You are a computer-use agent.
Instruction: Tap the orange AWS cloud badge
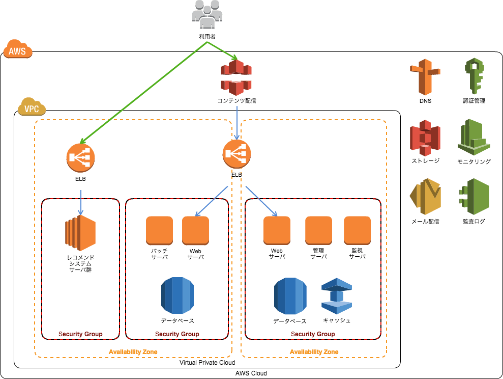click(18, 50)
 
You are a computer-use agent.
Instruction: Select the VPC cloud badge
click(32, 107)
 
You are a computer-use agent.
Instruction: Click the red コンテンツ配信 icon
click(236, 77)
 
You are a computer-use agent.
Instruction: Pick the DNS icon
click(425, 76)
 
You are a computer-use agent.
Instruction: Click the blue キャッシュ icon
click(336, 296)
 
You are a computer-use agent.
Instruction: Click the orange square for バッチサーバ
click(159, 230)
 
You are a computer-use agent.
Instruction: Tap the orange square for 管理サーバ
click(318, 230)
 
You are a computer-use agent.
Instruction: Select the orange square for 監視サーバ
click(357, 230)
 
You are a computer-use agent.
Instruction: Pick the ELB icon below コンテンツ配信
click(236, 153)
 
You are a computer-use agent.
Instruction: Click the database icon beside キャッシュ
click(290, 296)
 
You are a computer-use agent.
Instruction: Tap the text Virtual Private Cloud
click(208, 363)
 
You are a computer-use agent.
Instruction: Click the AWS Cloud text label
click(251, 373)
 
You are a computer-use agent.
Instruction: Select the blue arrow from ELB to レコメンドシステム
click(81, 202)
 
